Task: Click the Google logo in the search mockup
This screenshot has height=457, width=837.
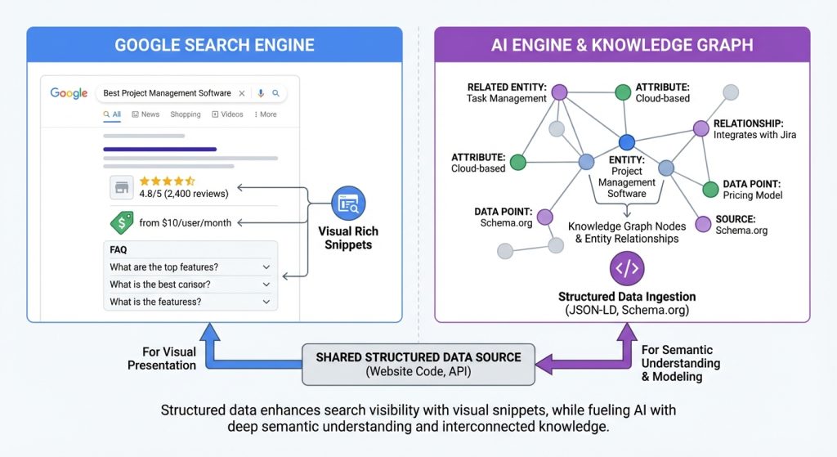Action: pos(69,93)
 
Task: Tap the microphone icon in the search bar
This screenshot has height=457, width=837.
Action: pos(261,93)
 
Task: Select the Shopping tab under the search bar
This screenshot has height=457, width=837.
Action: pos(186,114)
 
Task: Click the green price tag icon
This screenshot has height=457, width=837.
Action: pos(121,222)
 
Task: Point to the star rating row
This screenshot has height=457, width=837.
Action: pos(167,180)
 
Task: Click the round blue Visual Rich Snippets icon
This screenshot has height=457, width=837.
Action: pos(348,202)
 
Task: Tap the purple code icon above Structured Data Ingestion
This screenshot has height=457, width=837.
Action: pos(627,268)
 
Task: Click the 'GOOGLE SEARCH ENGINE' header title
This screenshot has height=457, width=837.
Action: pos(214,44)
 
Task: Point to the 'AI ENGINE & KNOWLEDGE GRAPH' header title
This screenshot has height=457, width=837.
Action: pos(622,44)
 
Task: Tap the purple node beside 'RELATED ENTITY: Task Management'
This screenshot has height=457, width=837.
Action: pos(560,92)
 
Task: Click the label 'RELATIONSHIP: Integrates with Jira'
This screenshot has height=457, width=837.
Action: pos(754,129)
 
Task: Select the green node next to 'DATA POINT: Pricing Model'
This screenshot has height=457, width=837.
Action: pos(710,190)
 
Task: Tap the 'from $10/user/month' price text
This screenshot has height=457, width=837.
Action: pos(185,222)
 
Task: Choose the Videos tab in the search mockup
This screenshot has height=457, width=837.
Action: pos(227,114)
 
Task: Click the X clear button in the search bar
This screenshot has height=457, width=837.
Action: pos(243,93)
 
